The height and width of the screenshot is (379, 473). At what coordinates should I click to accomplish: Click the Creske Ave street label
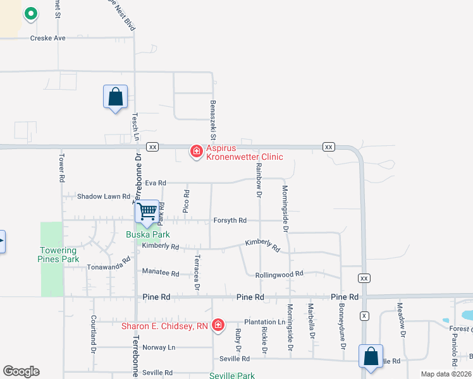point(48,38)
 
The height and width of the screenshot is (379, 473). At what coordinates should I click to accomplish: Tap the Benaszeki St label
point(214,119)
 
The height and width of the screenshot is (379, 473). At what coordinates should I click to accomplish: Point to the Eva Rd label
point(155,183)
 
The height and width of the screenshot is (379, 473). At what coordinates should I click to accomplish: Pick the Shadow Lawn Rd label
point(103,196)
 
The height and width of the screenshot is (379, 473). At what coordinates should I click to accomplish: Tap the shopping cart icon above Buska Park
point(147,211)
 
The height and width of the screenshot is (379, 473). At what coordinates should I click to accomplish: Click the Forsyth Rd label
point(230,220)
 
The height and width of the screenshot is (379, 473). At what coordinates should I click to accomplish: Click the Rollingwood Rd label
point(279,275)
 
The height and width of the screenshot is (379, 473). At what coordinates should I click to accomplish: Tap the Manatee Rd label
point(161,274)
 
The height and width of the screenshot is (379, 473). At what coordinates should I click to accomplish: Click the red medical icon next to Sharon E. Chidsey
point(218,325)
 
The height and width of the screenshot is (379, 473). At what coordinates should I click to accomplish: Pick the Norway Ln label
point(159,347)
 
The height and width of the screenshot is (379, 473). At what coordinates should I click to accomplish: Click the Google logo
point(21,371)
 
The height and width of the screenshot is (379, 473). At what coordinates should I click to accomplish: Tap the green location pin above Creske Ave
point(30,13)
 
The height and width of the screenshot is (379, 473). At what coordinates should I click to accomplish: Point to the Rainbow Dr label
point(259,179)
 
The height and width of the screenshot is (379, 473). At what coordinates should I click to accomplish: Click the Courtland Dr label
point(93,334)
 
